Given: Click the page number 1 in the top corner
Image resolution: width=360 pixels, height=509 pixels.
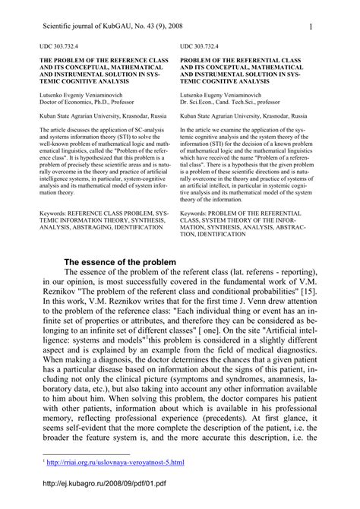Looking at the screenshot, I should pyautogui.click(x=312, y=28).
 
